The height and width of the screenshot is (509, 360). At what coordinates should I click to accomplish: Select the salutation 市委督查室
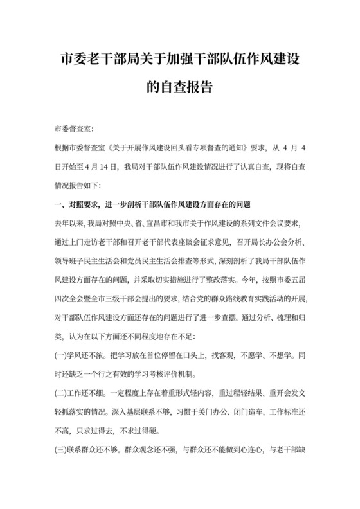[75, 129]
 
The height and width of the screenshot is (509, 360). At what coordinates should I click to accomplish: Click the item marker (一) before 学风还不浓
[64, 355]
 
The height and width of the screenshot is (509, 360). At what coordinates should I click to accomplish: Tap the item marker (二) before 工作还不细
[64, 393]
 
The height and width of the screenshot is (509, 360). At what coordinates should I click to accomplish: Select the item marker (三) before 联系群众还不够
[64, 449]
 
